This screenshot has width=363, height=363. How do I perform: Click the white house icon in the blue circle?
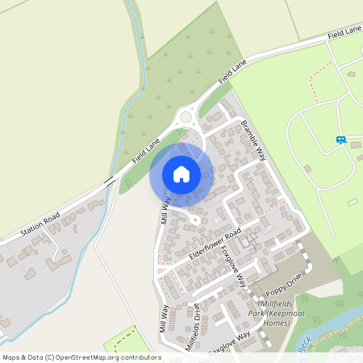181,173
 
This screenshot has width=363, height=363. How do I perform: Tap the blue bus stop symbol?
341,140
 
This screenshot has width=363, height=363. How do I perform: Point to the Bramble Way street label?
253,139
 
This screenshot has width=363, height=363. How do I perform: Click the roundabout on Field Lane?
187,117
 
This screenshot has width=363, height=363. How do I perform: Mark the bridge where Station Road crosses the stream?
108,183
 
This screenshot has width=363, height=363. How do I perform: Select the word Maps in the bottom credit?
11,357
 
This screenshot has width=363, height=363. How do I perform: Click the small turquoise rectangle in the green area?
352,202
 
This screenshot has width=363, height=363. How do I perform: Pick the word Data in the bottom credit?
35,357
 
